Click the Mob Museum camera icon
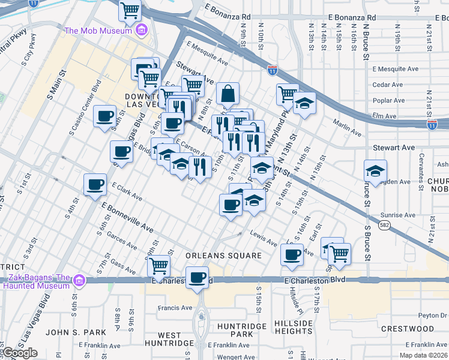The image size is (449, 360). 142,30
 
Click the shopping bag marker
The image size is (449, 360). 228,94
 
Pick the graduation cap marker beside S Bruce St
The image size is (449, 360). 375,171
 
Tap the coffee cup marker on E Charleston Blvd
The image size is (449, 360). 197,278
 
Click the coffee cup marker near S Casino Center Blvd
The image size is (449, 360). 105,116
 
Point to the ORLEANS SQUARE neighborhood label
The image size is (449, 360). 223,256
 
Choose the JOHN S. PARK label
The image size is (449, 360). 76,332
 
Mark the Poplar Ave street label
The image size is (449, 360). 387,100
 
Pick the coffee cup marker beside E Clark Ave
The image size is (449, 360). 95,185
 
